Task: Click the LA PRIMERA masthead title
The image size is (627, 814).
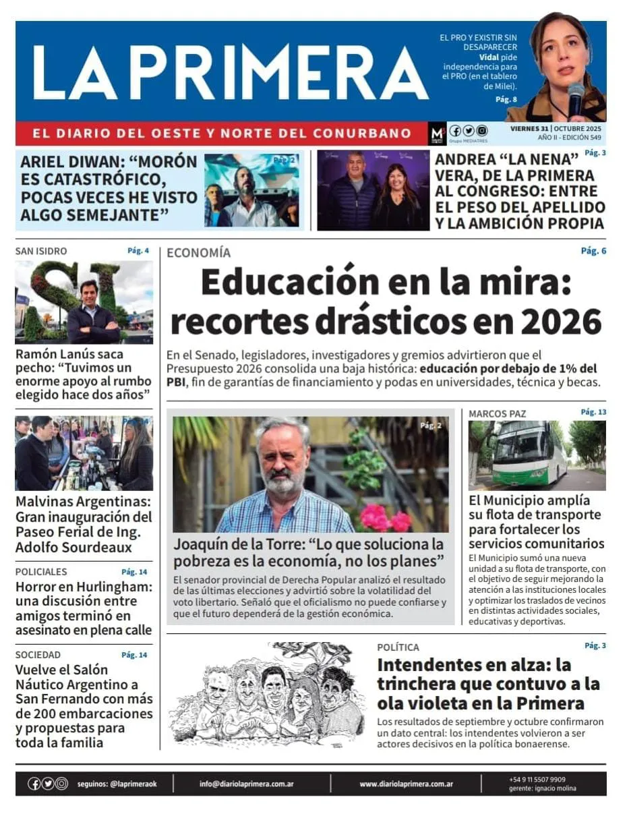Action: (229, 73)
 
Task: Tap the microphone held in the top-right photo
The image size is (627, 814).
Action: (575, 97)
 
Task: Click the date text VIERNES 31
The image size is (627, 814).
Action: (529, 128)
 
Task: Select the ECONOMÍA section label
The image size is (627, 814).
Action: (198, 253)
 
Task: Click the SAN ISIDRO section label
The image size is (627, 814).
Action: (41, 252)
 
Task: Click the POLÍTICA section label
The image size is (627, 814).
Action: (398, 647)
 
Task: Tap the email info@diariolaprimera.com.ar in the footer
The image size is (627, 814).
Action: (246, 784)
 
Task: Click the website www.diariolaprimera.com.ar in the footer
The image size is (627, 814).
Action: (406, 784)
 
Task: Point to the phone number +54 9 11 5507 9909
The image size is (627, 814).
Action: (537, 780)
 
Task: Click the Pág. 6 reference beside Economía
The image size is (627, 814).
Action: (593, 251)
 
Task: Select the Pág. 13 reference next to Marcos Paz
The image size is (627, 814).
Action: (593, 412)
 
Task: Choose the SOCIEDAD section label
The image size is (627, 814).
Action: (38, 655)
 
